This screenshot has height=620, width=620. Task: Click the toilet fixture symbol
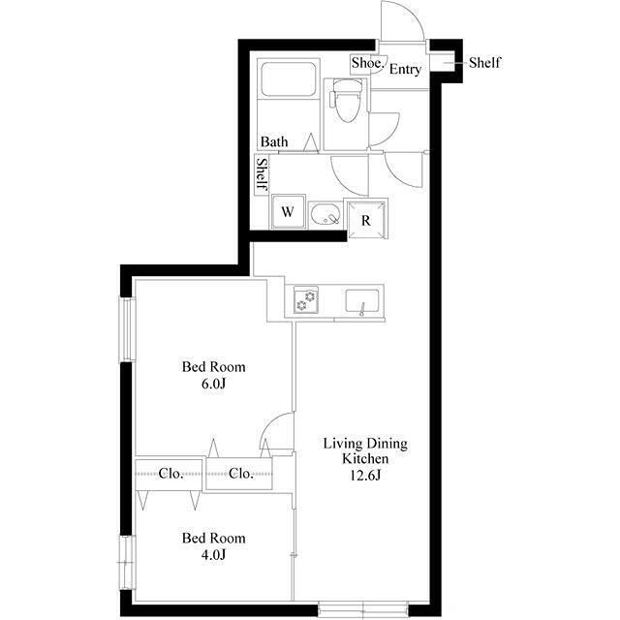point(347,101)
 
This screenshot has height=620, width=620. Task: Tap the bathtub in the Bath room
point(289,78)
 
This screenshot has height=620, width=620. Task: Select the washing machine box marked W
point(288,212)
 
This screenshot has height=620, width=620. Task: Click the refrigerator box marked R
point(366,220)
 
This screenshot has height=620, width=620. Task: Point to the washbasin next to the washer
point(325,214)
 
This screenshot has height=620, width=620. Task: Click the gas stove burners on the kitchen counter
point(306,299)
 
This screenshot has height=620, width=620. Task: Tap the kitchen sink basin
point(362,301)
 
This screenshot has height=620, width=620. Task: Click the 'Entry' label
point(405,69)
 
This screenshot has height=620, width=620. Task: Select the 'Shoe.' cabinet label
point(367,63)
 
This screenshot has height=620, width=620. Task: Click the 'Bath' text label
point(274,141)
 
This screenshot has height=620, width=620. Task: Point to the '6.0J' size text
point(213,384)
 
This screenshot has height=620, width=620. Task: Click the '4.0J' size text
point(213,555)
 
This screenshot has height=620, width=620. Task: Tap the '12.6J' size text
point(365,475)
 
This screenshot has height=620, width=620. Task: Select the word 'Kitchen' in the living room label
point(365,458)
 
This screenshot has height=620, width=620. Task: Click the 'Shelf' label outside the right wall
point(484,62)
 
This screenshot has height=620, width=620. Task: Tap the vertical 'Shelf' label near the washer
point(262,174)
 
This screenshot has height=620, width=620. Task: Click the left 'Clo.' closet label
point(170,474)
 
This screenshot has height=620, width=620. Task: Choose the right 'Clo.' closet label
point(241,474)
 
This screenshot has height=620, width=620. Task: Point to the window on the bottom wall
point(362,608)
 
